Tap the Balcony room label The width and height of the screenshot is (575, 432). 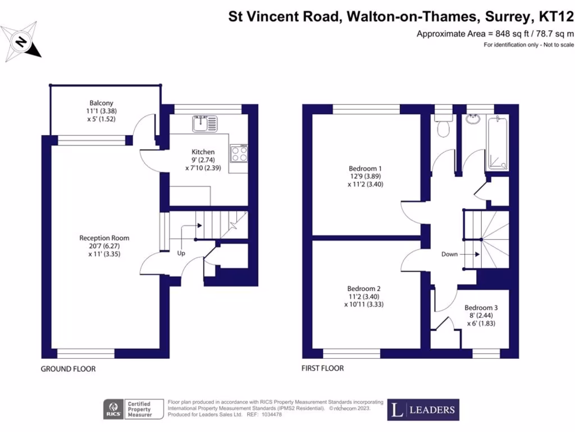(102, 111)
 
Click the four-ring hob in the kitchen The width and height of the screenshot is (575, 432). (239, 154)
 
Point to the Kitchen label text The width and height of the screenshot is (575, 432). (203, 152)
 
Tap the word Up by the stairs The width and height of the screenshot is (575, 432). (181, 253)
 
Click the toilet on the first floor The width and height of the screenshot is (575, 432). (443, 127)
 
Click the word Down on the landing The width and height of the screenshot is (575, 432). (449, 254)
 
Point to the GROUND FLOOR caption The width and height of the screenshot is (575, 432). (68, 369)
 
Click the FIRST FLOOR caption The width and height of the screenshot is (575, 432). (322, 368)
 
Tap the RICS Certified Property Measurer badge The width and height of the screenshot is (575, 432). (133, 409)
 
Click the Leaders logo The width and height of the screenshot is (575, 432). (423, 409)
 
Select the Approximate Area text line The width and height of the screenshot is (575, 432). (495, 34)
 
